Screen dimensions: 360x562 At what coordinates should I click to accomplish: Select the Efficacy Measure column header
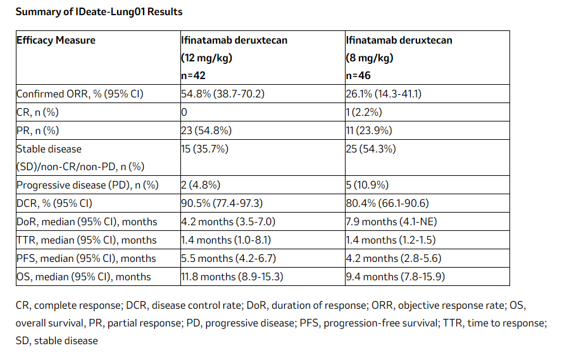click(56, 40)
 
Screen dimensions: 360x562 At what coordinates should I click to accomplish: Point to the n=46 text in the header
click(359, 75)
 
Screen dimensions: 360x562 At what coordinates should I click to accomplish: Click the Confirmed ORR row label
click(80, 94)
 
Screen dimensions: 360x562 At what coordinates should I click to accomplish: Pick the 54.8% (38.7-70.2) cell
click(222, 94)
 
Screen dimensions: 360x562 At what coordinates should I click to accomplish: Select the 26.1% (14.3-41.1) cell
click(384, 94)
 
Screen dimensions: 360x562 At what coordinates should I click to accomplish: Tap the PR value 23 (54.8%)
click(206, 131)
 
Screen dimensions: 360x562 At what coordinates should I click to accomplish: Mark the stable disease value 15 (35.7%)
click(205, 149)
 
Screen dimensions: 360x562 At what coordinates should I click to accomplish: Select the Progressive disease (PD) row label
click(87, 185)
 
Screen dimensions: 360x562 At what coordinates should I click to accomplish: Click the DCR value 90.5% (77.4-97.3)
click(223, 204)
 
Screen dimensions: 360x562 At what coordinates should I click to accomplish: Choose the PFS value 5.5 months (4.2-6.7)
click(227, 258)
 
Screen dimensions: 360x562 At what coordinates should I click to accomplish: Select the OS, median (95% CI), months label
click(84, 276)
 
